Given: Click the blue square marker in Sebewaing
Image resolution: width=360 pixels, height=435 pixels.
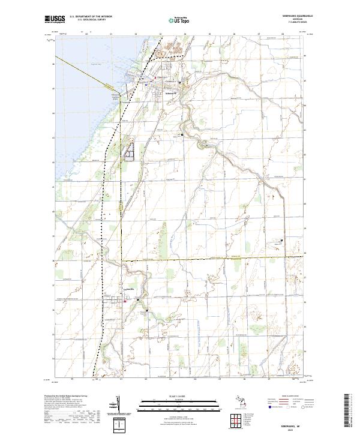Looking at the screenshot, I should coord(146,85).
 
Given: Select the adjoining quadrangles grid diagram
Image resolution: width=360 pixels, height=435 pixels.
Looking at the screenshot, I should coord(237,418).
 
